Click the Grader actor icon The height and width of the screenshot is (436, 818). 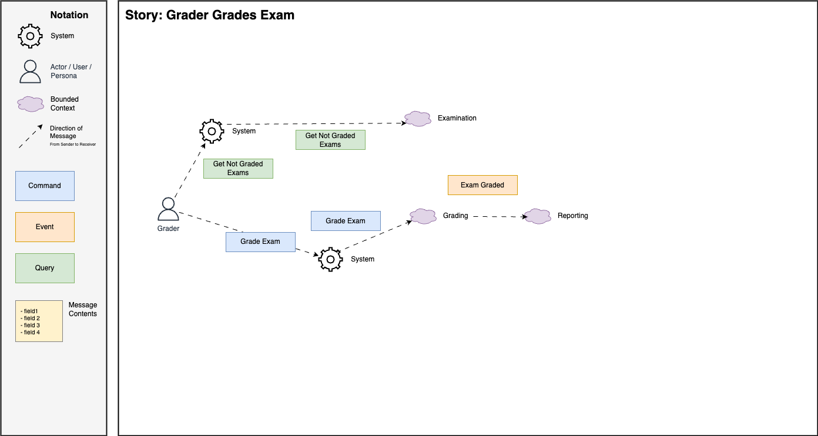168,209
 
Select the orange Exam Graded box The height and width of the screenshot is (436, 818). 482,185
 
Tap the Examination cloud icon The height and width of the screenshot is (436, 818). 418,119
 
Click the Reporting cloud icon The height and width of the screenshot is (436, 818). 537,216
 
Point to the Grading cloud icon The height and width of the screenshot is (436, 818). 423,216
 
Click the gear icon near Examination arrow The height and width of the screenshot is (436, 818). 212,132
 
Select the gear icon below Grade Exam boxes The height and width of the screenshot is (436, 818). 330,259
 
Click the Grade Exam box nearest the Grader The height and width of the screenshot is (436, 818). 260,242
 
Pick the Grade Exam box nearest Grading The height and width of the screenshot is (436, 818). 346,221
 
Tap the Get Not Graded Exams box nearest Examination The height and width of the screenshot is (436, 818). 330,140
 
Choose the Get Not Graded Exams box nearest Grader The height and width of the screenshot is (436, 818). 238,168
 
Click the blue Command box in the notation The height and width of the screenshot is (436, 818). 45,186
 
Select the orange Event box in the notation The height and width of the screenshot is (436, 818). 45,227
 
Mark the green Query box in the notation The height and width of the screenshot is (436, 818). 45,268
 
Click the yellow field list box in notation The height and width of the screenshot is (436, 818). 39,321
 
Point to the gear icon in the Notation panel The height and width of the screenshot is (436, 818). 30,36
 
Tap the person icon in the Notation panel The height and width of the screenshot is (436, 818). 30,71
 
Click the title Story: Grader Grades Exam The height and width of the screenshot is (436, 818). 210,15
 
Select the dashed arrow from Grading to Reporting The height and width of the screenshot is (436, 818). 499,217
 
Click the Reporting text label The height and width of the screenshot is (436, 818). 572,216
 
